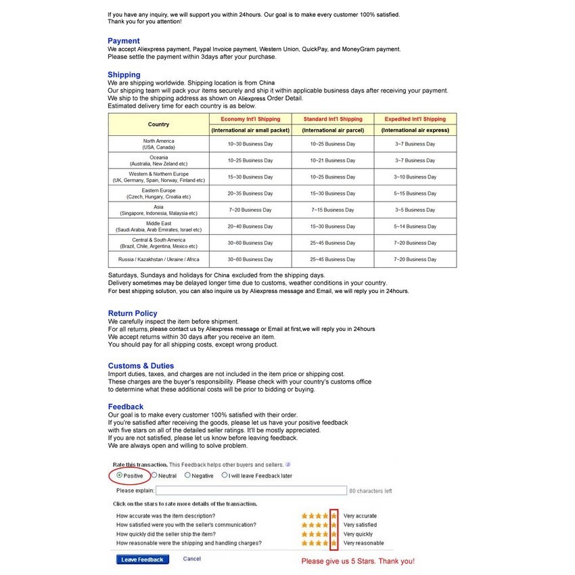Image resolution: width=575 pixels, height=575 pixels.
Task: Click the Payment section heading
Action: point(124,41)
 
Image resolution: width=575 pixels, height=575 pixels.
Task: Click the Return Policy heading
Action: point(133,313)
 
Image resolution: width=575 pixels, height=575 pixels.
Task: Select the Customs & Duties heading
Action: point(141,366)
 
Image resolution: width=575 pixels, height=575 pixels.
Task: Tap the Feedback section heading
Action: point(126,407)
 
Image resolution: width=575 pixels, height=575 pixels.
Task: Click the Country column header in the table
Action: point(158,124)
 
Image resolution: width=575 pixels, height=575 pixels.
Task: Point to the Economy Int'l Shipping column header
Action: point(250,119)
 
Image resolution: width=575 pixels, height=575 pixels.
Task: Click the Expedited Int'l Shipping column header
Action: point(415,119)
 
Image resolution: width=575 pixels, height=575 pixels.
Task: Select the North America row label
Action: point(158,144)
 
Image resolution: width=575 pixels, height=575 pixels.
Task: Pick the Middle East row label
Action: point(158,227)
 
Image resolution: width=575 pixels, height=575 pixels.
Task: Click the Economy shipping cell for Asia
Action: point(250,210)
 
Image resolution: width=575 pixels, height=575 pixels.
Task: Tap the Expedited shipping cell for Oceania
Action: point(415,161)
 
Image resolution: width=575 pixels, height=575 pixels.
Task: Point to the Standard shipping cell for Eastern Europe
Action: point(333,193)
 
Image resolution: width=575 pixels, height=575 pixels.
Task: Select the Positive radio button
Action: point(120,476)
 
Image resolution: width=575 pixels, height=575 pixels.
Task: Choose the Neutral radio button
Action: point(154,476)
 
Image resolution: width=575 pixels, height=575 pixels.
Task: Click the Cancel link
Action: point(192,559)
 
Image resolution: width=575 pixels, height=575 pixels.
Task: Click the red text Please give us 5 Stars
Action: point(357,561)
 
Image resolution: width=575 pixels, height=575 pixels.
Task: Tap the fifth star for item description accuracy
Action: point(333,516)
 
